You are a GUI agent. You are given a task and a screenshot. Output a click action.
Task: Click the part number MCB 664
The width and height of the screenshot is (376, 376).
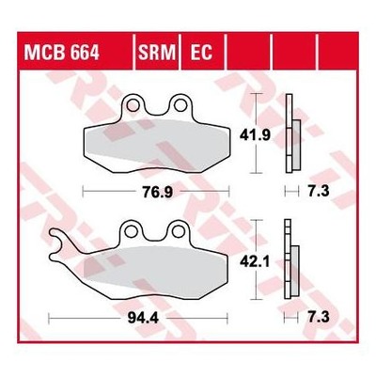tap(62, 53)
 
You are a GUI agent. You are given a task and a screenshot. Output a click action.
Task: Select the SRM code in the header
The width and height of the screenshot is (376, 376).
tap(157, 53)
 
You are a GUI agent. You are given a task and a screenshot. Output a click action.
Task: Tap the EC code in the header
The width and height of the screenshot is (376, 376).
tap(201, 53)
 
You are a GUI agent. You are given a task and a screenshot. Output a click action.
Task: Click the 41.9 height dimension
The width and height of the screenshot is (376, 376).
tap(255, 135)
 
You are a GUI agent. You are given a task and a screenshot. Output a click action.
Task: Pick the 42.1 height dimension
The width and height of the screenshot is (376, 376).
tap(255, 262)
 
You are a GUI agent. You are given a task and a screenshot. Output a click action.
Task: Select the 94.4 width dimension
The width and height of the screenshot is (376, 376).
tap(144, 319)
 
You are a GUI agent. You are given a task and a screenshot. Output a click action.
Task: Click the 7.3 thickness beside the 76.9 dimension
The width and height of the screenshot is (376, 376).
tap(319, 191)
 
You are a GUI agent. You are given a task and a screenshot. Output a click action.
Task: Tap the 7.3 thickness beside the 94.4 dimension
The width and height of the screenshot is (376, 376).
tap(319, 318)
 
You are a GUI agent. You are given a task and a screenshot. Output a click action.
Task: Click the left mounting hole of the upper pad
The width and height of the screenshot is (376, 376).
tap(133, 105)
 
